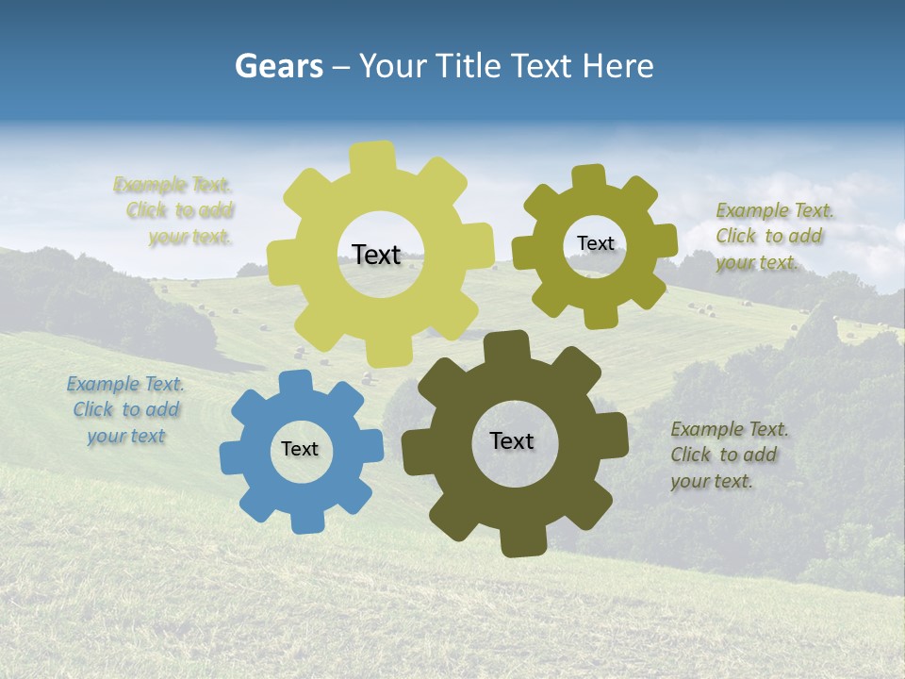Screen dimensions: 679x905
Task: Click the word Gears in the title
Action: [x=278, y=66]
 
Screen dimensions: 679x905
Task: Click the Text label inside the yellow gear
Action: [x=376, y=255]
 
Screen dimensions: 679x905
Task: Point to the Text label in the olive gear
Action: [x=595, y=243]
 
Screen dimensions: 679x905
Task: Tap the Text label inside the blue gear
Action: [x=300, y=450]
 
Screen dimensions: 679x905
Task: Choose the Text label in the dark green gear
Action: [x=512, y=441]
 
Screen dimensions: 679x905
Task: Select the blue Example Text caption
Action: [x=125, y=410]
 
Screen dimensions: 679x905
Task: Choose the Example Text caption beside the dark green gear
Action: [x=728, y=455]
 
